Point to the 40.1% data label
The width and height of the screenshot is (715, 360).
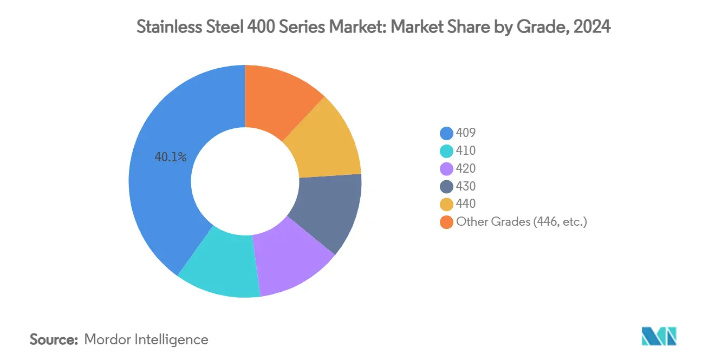coord(171,158)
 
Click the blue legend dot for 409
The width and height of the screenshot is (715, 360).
coord(446,133)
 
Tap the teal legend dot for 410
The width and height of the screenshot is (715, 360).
coord(446,150)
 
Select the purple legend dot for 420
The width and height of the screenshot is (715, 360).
coord(446,168)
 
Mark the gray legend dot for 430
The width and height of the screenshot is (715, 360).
coord(446,186)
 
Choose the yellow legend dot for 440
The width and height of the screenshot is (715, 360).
coord(446,204)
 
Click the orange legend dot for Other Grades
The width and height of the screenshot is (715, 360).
coord(446,222)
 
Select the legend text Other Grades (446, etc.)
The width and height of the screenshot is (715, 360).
coord(521,221)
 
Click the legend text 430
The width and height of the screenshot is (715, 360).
coord(466,186)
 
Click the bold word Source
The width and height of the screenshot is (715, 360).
coord(54,339)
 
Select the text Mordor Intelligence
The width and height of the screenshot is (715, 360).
coord(146,339)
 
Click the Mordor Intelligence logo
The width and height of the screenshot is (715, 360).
coord(659,336)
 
